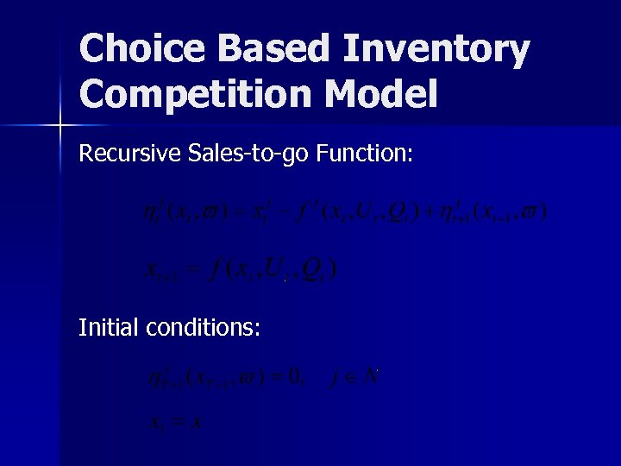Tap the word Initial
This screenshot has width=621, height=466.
point(110,328)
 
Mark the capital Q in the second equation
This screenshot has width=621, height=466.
point(315,270)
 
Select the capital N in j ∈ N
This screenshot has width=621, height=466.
point(372,377)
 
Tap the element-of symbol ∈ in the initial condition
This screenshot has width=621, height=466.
point(352,378)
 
